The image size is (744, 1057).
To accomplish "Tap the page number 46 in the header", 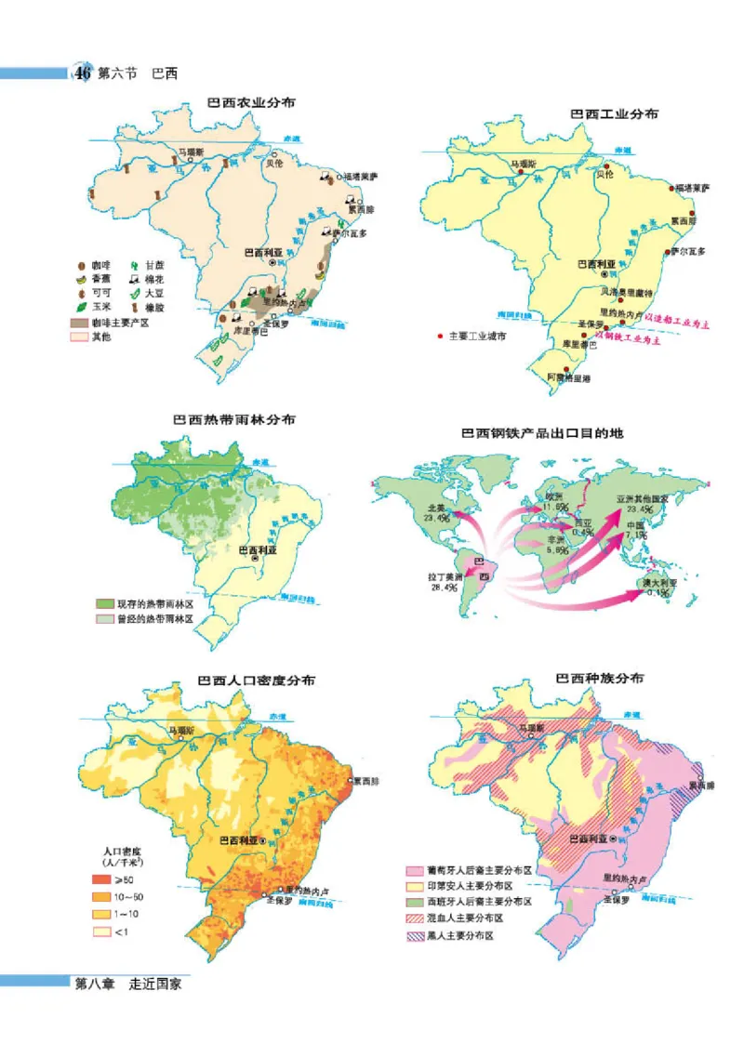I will point(83,73).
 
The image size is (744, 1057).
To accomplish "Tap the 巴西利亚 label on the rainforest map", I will point(260,549).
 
